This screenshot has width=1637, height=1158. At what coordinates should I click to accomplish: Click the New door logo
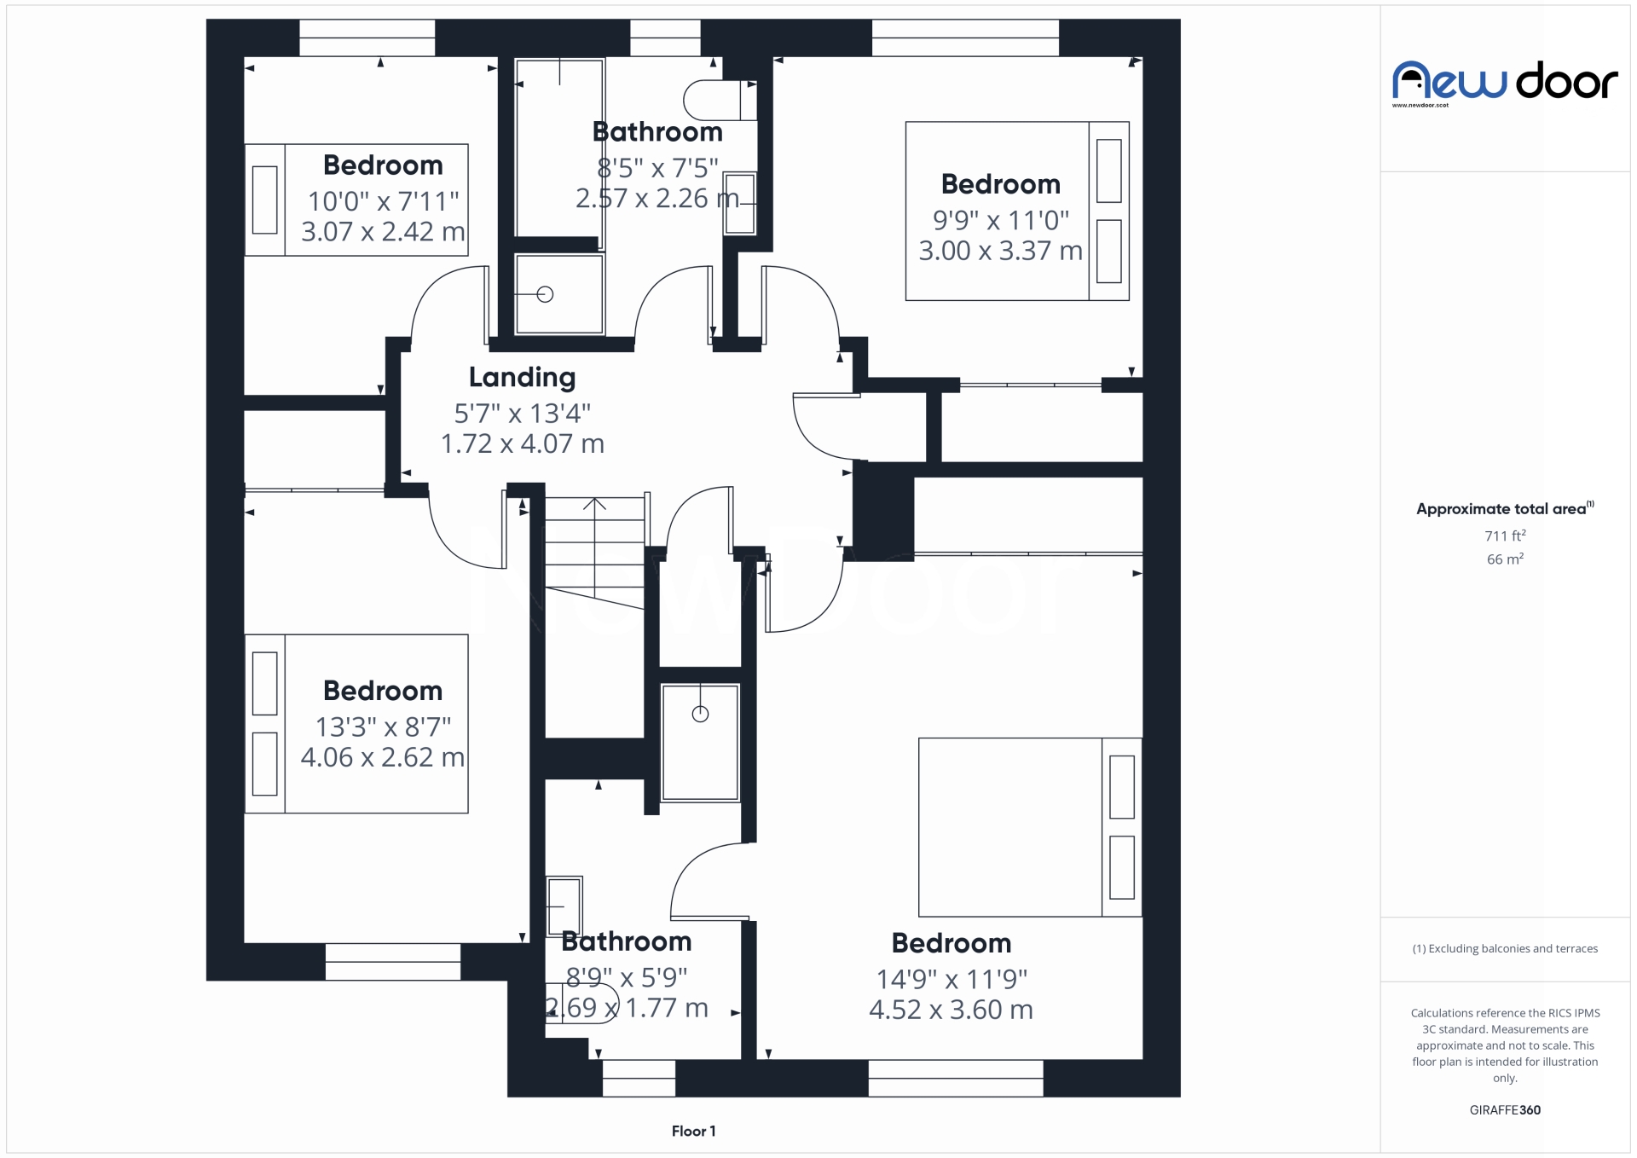coord(1504,82)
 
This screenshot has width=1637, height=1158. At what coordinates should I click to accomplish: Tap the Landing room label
coord(522,377)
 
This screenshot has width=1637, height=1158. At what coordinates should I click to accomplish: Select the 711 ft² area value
coord(1505,536)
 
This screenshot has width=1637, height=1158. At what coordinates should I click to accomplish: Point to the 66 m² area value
coord(1505,559)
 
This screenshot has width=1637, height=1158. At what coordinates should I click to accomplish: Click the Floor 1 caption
coord(693,1131)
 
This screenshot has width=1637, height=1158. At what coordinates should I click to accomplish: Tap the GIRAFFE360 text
coord(1505,1109)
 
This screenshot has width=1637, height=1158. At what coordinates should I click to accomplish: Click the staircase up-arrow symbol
coord(594,505)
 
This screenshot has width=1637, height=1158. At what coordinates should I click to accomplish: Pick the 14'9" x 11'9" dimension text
coord(952,979)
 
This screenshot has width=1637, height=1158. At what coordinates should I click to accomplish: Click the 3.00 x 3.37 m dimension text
coord(1000,251)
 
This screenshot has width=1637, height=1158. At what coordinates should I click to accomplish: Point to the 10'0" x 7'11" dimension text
coord(383,201)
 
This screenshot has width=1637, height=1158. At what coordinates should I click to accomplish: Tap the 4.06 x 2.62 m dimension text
coord(382,757)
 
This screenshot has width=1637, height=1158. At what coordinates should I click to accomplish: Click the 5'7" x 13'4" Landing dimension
coord(522,414)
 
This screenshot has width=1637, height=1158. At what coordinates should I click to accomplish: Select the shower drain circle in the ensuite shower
coord(700,715)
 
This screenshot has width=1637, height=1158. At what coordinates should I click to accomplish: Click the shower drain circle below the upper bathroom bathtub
coord(546,294)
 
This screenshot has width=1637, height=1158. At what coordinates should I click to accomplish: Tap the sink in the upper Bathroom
coord(739,203)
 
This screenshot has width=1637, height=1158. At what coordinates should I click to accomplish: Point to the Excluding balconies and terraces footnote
coord(1505,948)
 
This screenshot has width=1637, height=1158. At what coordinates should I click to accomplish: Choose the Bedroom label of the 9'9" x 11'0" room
coord(1000,184)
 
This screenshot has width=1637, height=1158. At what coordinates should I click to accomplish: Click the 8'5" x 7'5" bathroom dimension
coord(657,168)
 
